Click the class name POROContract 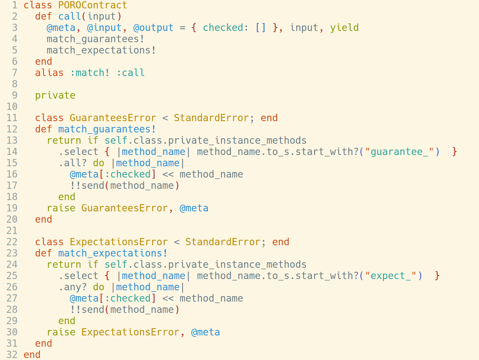[x=93, y=5]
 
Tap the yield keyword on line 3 [x=344, y=28]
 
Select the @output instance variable [x=153, y=28]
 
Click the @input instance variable [x=104, y=28]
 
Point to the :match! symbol [x=90, y=73]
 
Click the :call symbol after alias [x=130, y=73]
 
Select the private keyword [x=55, y=95]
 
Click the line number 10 [x=12, y=107]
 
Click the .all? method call [x=72, y=163]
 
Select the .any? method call [x=72, y=287]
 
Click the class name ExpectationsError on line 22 [x=119, y=242]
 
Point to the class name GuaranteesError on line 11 [x=113, y=118]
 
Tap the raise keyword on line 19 [x=61, y=208]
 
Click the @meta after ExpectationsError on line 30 [x=205, y=332]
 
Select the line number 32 [x=12, y=355]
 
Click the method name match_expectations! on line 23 [x=113, y=253]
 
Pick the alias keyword [x=49, y=73]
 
